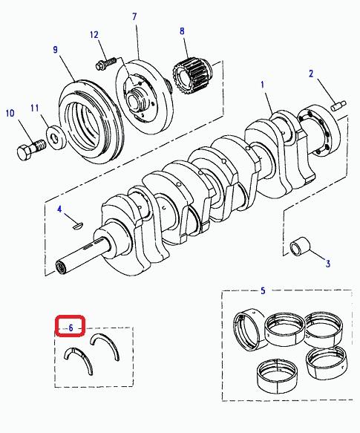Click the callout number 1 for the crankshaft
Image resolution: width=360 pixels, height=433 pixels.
tap(263, 85)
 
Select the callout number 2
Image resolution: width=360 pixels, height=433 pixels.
tap(311, 74)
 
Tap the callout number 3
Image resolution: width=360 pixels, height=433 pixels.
tap(327, 264)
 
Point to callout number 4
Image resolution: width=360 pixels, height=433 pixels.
tap(59, 209)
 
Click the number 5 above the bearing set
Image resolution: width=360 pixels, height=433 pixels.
tap(263, 290)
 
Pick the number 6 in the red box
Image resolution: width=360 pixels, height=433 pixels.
tap(71, 328)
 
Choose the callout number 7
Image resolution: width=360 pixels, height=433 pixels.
tap(134, 17)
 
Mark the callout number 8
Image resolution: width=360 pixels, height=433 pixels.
tap(182, 31)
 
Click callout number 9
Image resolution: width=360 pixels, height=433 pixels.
tap(56, 50)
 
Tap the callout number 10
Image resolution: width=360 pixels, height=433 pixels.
tap(10, 113)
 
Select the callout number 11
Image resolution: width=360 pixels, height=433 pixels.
tap(35, 108)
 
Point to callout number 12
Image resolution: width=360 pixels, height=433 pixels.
tap(94, 35)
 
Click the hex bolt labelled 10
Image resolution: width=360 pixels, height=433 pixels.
tap(30, 151)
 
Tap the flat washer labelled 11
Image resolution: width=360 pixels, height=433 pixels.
tap(56, 136)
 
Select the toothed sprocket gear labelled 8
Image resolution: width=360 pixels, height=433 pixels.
tap(192, 76)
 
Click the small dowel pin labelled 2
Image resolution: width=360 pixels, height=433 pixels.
tap(338, 105)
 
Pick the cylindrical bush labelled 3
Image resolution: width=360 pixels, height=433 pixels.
tap(300, 246)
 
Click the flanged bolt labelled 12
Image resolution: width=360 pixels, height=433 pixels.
tap(107, 63)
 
